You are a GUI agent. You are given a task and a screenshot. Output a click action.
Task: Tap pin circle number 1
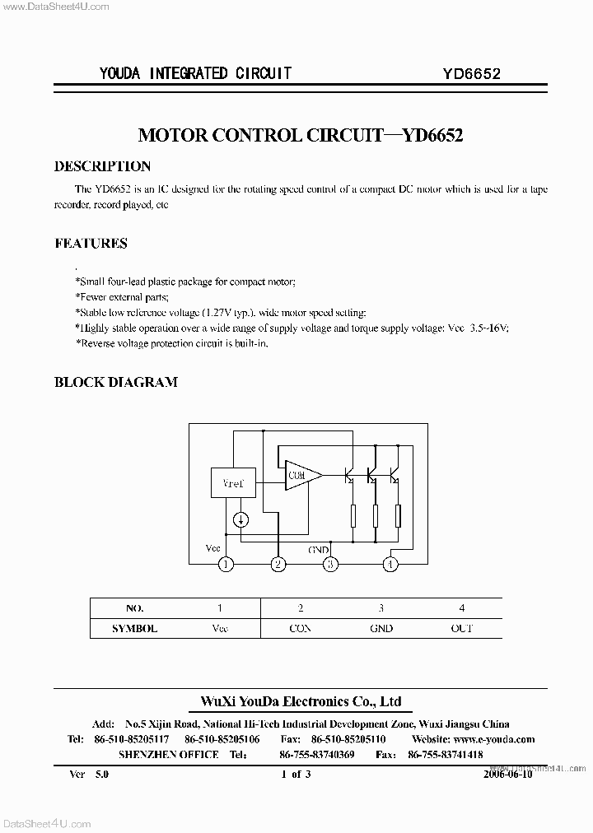[226, 564]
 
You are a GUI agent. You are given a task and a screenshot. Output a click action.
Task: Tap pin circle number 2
[279, 564]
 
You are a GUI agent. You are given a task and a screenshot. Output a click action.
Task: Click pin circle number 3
[331, 564]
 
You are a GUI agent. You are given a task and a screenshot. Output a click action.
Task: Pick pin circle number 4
[390, 564]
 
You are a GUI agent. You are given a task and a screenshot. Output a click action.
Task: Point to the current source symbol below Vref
[241, 519]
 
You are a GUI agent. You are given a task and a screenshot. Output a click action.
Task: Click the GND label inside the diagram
[319, 549]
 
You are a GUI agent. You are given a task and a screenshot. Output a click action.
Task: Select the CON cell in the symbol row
[301, 628]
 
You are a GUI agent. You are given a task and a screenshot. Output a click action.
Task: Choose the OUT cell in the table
[462, 628]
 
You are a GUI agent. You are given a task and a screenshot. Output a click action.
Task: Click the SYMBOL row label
[134, 628]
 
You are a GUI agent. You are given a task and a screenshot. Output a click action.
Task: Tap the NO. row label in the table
[134, 608]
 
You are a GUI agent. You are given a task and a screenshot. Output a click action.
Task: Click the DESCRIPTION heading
[102, 166]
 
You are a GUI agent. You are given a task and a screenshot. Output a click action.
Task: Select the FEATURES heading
[91, 244]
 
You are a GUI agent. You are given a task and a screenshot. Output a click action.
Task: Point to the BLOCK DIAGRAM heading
[115, 382]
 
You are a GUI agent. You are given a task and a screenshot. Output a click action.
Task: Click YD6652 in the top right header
[472, 73]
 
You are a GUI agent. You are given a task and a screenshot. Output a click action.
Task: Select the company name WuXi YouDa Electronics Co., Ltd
[301, 701]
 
